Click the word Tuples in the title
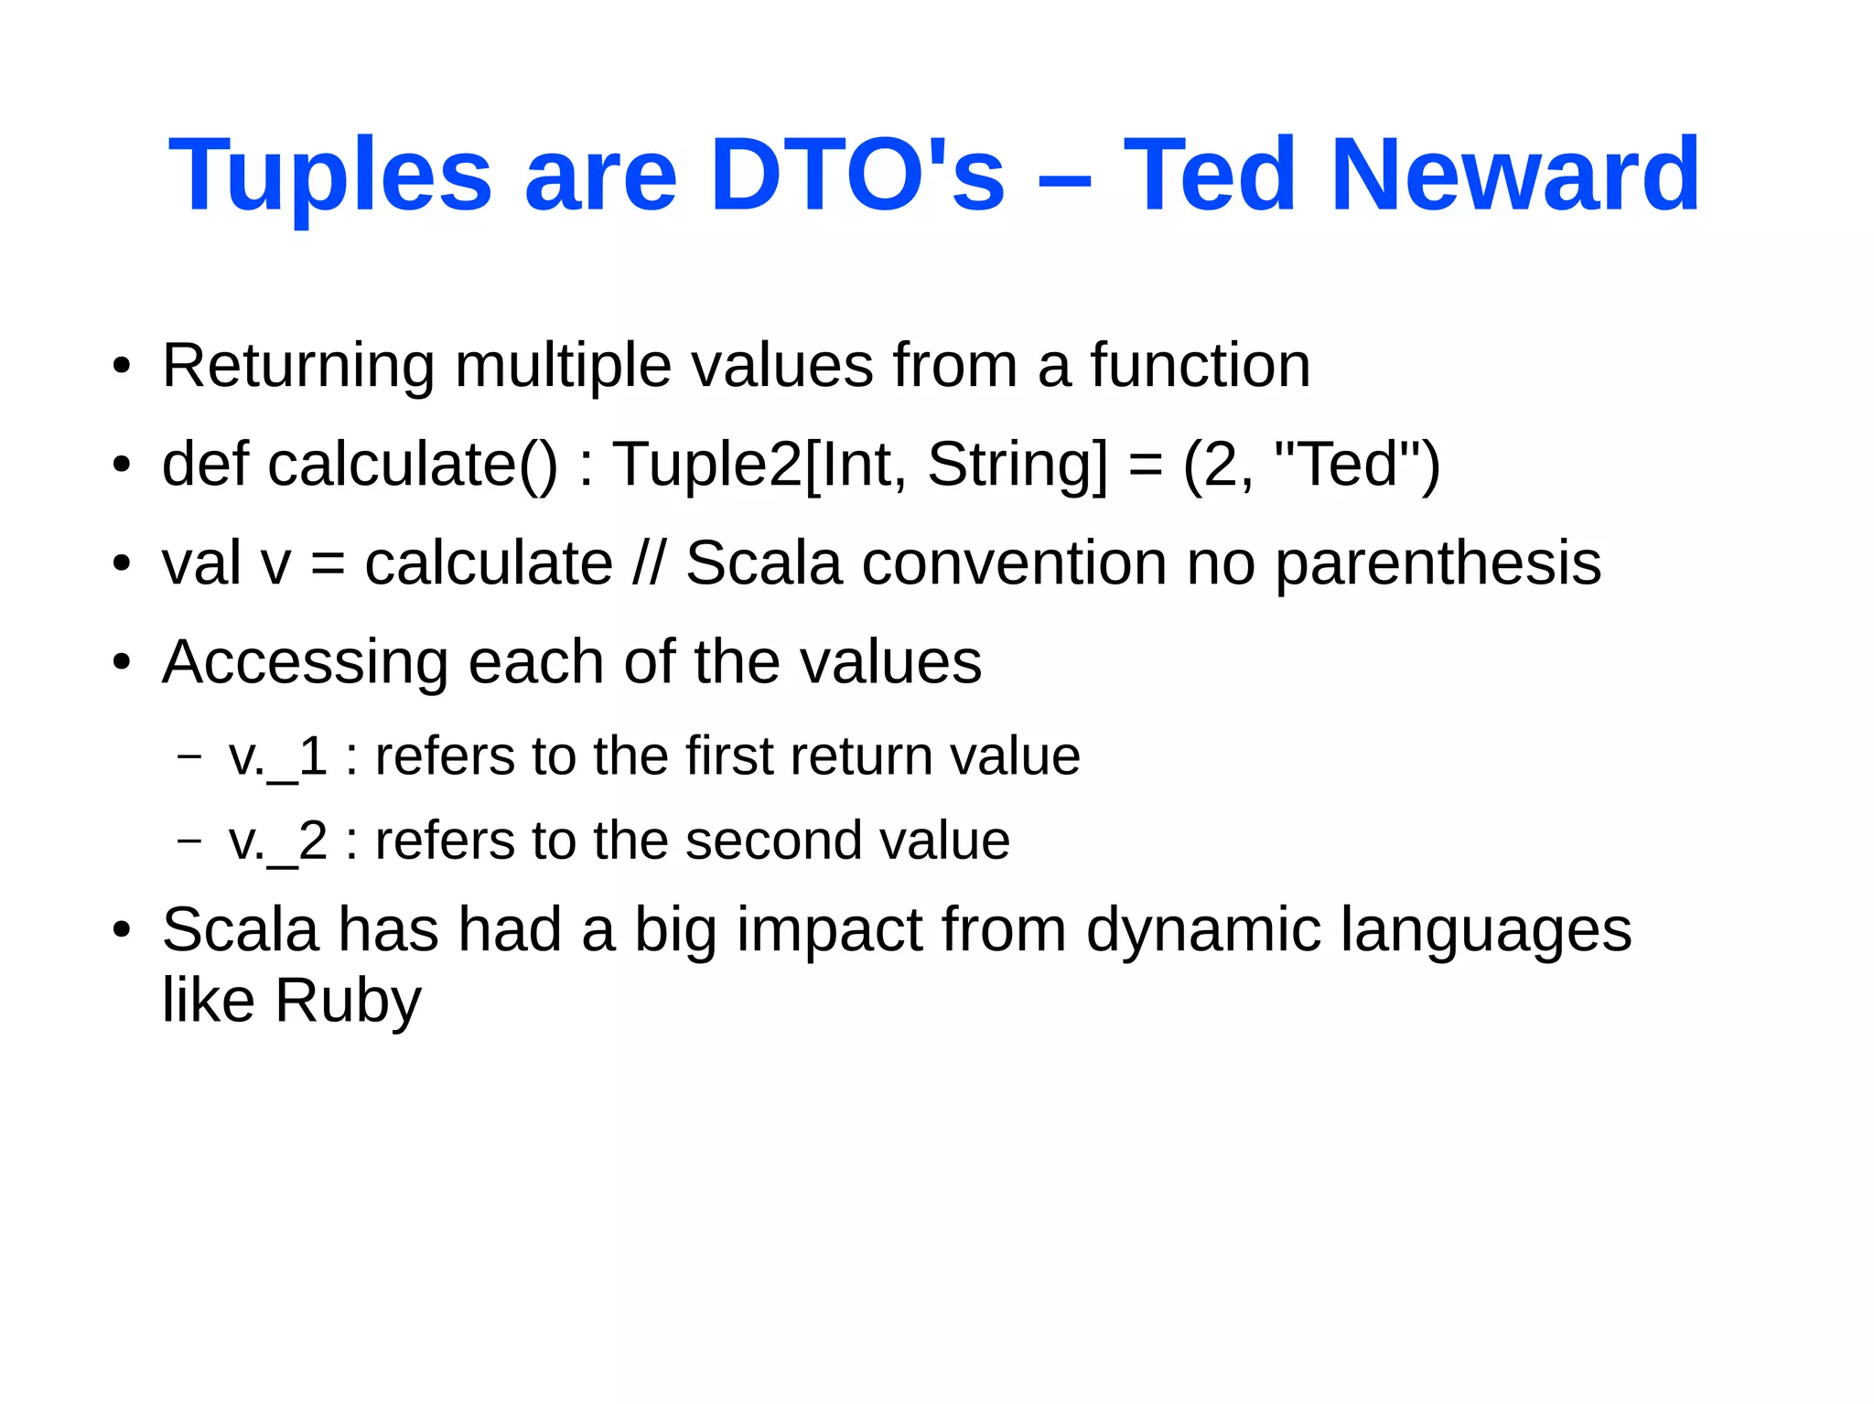[329, 176]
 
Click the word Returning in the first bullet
[297, 366]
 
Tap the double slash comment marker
[649, 563]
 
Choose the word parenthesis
[1438, 564]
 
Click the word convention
[1014, 563]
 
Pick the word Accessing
[305, 663]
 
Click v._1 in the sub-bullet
[278, 757]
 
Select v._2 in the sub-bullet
[278, 841]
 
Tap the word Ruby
[348, 1002]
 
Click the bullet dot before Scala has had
[122, 930]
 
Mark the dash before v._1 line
[189, 756]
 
